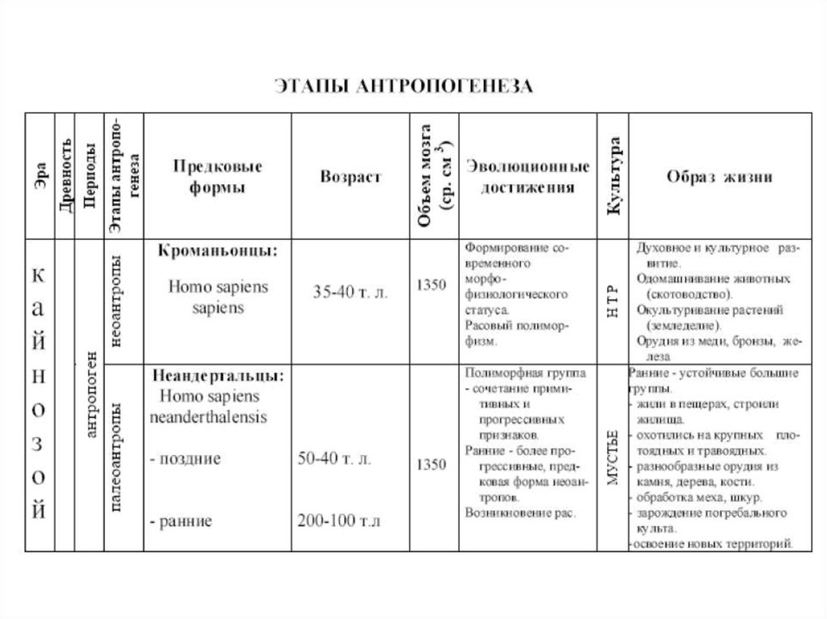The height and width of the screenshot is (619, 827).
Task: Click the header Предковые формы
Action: tap(217, 176)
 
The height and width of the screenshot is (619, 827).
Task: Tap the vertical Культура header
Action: tap(614, 176)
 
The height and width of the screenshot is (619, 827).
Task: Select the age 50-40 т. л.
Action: tap(334, 458)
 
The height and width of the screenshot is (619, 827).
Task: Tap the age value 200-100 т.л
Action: tap(338, 521)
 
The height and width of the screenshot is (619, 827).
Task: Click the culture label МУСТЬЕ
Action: tap(612, 458)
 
